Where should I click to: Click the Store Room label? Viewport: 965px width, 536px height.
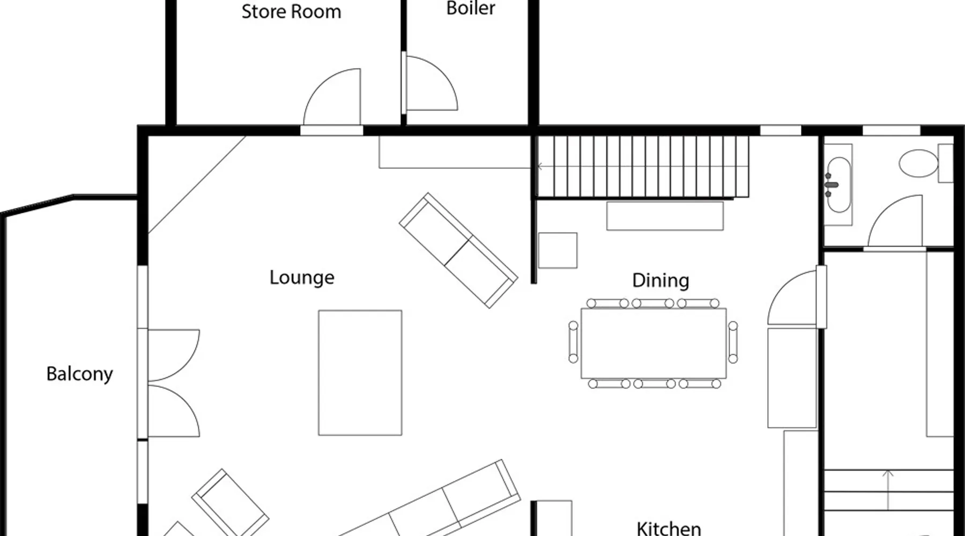point(291,11)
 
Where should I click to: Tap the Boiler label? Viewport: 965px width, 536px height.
point(471,8)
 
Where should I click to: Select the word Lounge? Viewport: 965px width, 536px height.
point(302,278)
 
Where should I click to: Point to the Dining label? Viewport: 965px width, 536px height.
point(660,280)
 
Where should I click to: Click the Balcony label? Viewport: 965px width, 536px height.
point(79,374)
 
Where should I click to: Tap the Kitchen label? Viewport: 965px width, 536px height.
point(669,528)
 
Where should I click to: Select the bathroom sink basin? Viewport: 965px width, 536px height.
point(838,185)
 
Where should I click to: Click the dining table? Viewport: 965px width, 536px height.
point(654,343)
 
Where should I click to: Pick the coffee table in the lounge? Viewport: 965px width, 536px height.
point(360,373)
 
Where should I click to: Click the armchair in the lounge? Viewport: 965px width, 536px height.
point(231,503)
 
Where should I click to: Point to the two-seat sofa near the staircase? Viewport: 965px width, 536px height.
point(458,250)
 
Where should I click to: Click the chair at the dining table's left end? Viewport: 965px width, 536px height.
point(573,342)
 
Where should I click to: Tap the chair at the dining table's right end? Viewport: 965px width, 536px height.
point(733,342)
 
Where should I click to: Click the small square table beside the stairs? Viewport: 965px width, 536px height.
point(558,250)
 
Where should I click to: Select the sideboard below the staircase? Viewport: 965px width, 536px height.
point(665,215)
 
